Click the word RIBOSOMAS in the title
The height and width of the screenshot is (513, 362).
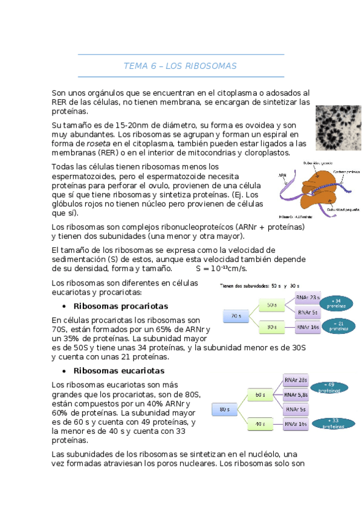(x=210, y=65)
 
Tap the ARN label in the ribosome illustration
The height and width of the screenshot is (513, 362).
(x=283, y=175)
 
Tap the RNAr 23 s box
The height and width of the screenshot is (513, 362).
(x=308, y=297)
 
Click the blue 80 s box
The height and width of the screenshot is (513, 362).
(x=224, y=409)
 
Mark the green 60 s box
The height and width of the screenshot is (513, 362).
(x=260, y=394)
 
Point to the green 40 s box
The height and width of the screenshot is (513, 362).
(x=260, y=423)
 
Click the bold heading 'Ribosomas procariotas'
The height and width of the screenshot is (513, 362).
(x=120, y=306)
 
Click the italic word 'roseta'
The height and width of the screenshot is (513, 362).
(x=99, y=143)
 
